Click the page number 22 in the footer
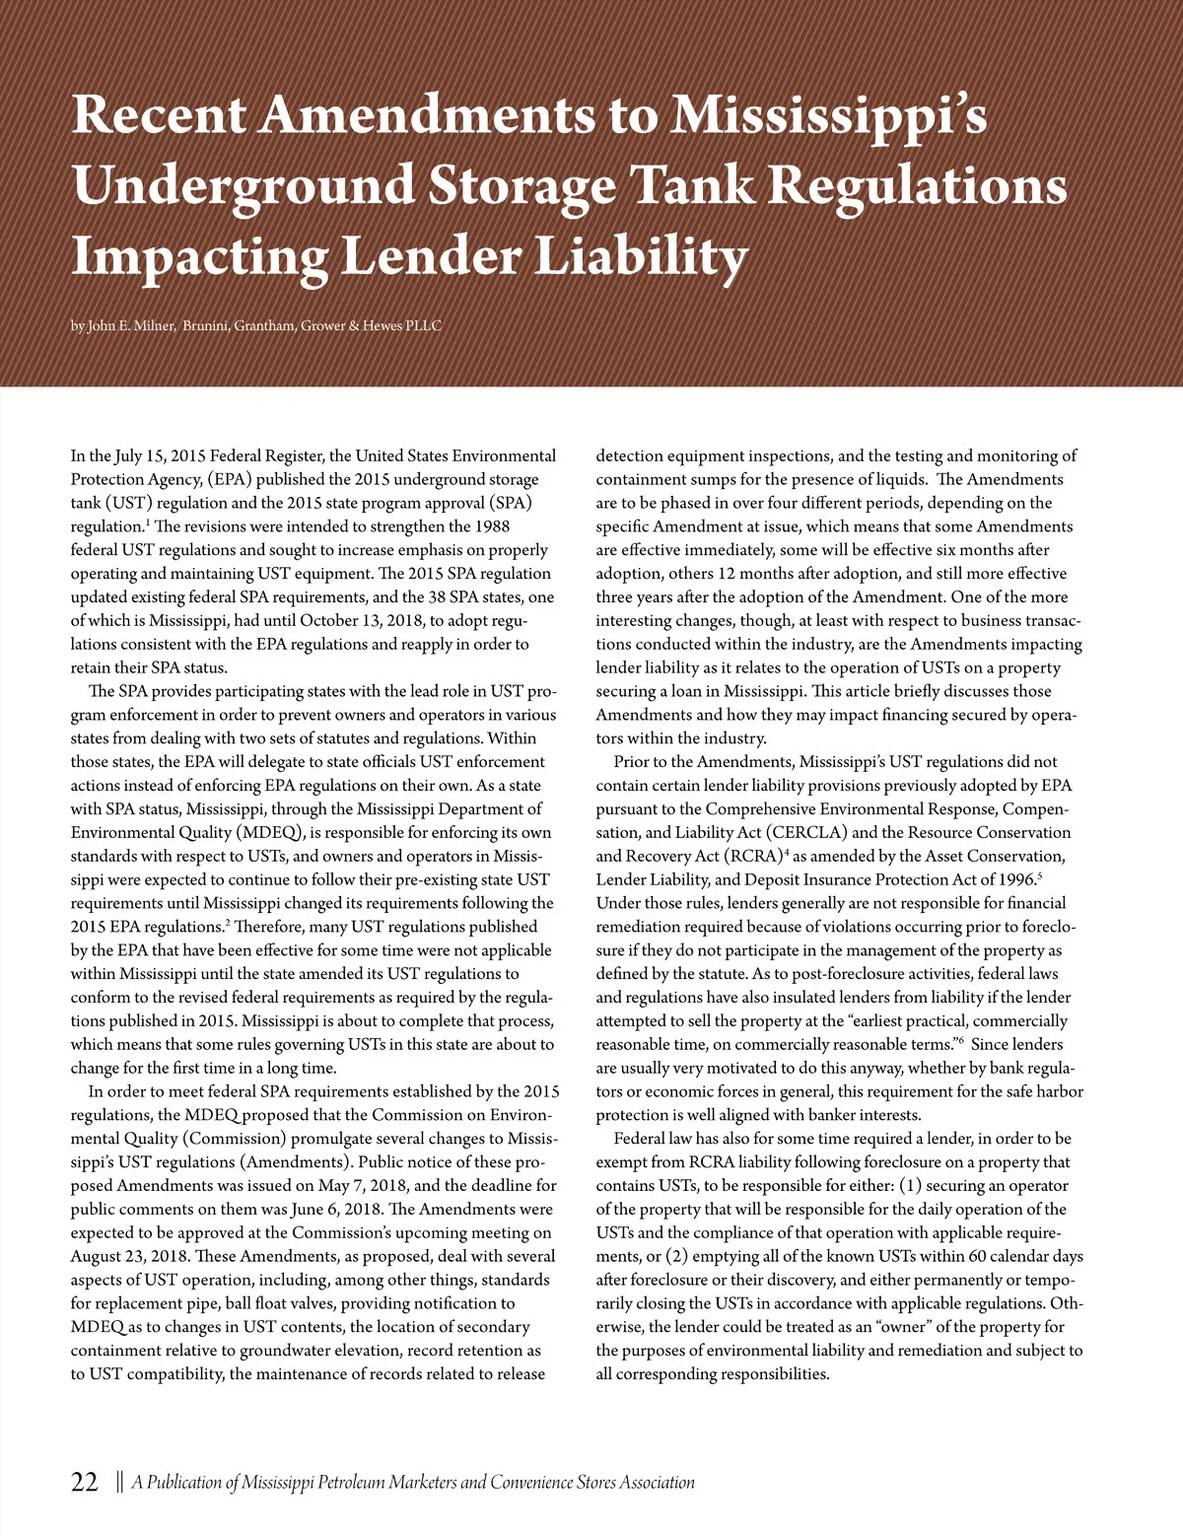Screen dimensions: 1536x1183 85,1482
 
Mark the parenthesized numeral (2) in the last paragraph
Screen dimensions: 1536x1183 677,1256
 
